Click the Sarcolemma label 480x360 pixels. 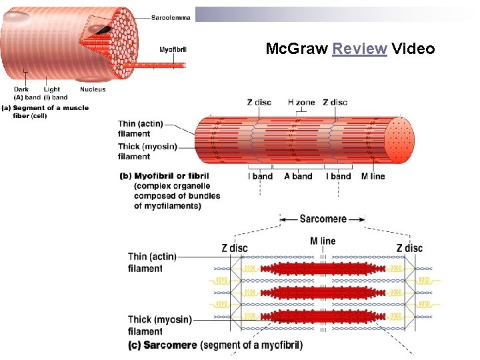pos(171,18)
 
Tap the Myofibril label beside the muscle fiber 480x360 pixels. pos(172,49)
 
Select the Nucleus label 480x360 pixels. pos(92,89)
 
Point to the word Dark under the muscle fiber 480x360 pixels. pos(22,89)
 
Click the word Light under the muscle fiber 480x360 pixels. pos(52,89)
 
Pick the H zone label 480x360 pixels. pos(301,102)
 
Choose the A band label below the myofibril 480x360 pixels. pos(297,176)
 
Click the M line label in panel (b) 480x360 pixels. pos(373,176)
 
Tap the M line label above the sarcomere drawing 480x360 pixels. pos(323,241)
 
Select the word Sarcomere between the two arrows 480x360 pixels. pos(323,219)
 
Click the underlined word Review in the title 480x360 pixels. pos(359,49)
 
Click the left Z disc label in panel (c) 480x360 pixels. pos(234,248)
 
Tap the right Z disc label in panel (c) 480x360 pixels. pos(409,248)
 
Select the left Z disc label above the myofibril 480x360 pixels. pos(259,102)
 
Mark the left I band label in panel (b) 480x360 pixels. pos(260,176)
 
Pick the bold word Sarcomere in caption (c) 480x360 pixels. pos(170,345)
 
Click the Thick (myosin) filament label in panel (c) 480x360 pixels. pos(159,325)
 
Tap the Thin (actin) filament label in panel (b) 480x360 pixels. pos(140,129)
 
